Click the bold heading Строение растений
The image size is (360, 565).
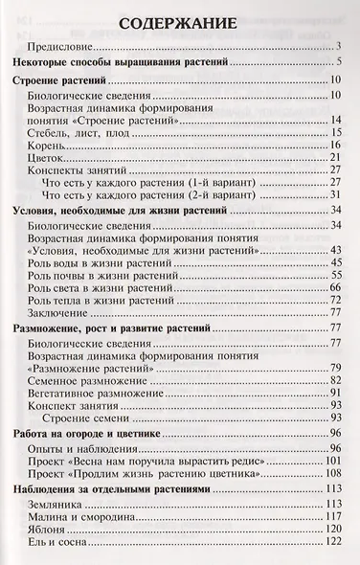point(60,80)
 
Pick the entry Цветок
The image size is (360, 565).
point(49,157)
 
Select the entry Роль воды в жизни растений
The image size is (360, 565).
point(99,262)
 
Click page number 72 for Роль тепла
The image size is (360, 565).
point(336,300)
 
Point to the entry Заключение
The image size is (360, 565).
point(60,312)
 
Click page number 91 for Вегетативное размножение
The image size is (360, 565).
point(336,393)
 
